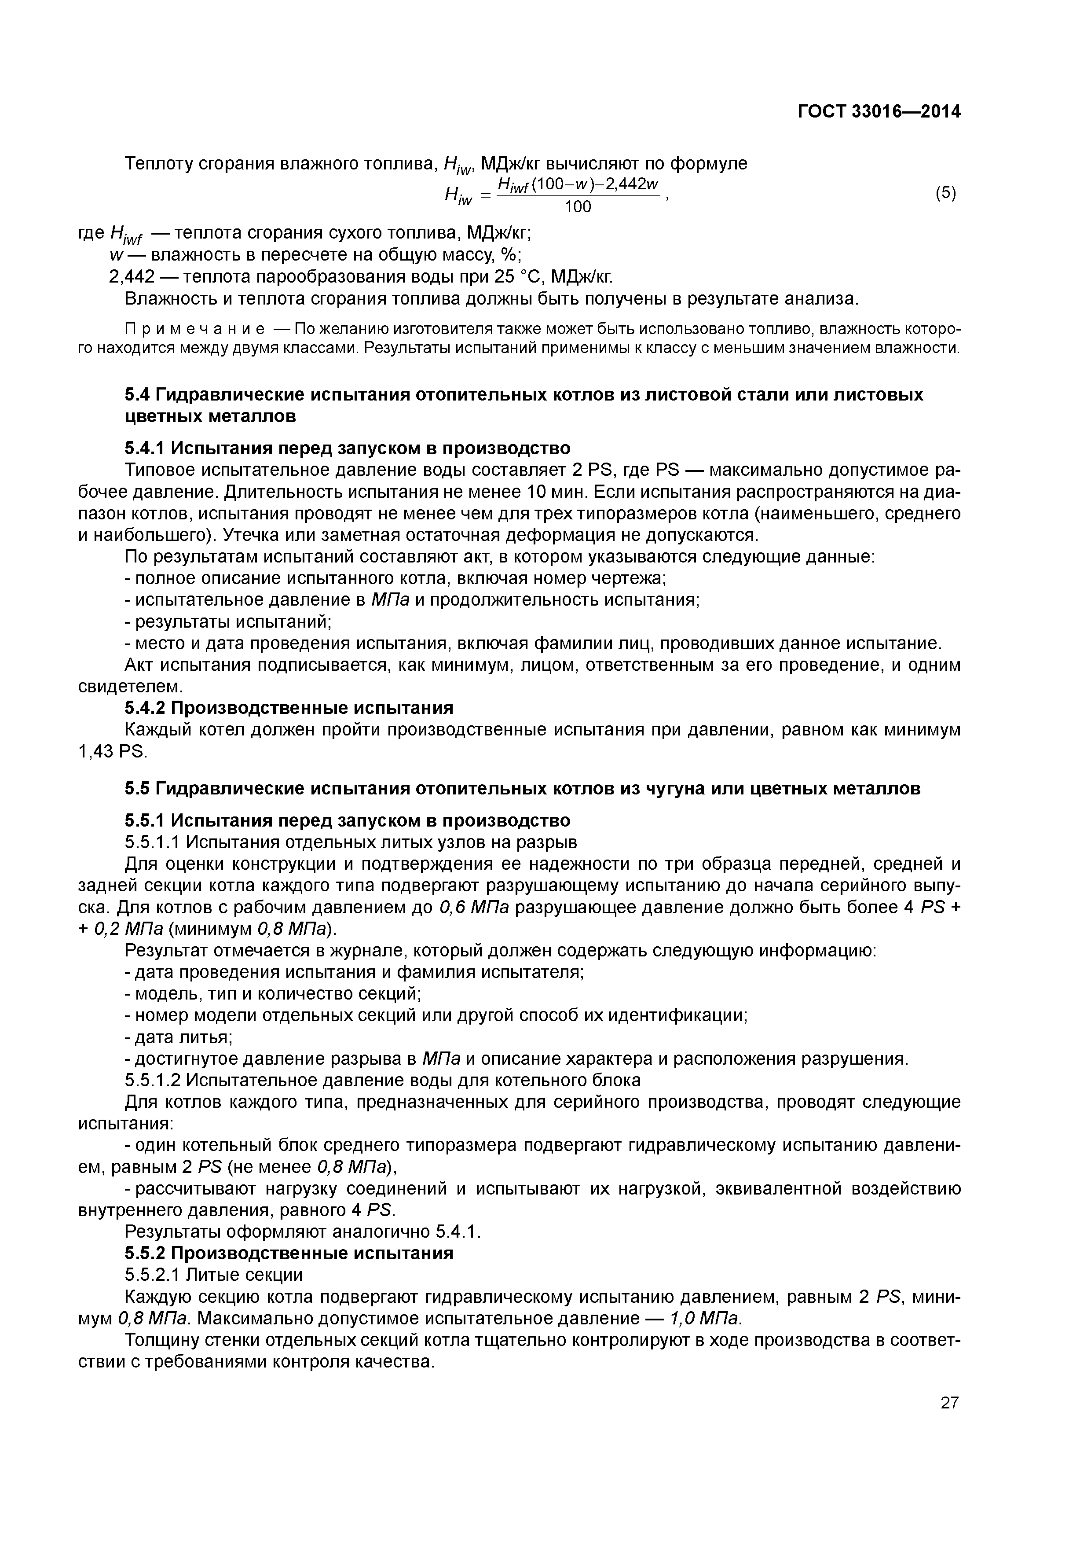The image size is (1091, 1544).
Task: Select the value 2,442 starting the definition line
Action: point(132,276)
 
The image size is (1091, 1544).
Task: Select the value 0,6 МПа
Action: point(473,907)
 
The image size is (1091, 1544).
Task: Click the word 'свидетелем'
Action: point(130,687)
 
